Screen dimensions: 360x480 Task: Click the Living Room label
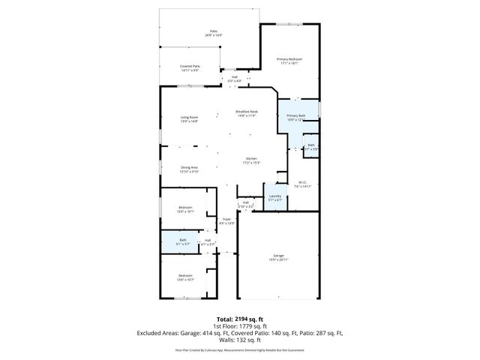pyautogui.click(x=188, y=118)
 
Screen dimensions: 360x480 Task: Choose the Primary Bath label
pyautogui.click(x=296, y=117)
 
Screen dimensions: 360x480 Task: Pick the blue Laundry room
pyautogui.click(x=275, y=197)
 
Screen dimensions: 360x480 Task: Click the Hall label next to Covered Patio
pyautogui.click(x=234, y=78)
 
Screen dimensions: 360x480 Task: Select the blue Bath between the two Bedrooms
pyautogui.click(x=182, y=241)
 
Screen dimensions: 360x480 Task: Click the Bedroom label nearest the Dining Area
pyautogui.click(x=184, y=208)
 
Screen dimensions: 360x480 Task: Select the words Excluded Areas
pyautogui.click(x=158, y=332)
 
